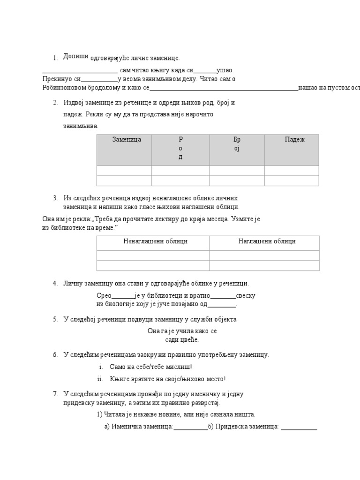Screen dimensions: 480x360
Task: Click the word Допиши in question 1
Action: pyautogui.click(x=75, y=56)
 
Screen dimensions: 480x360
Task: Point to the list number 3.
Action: pyautogui.click(x=55, y=198)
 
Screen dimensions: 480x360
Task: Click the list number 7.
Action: pyautogui.click(x=55, y=394)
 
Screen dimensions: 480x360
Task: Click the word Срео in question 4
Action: pyautogui.click(x=104, y=296)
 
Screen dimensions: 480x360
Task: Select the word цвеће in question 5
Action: pyautogui.click(x=190, y=340)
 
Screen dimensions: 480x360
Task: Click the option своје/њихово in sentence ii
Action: pyautogui.click(x=176, y=379)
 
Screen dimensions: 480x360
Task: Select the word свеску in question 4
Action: pyautogui.click(x=246, y=296)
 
